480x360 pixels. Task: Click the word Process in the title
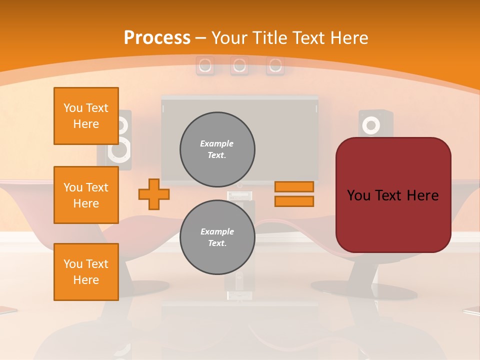tap(157, 38)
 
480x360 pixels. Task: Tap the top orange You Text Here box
tap(86, 116)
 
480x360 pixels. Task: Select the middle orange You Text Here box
tap(86, 195)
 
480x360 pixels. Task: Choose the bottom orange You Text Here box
tap(86, 272)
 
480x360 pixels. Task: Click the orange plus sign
tap(154, 194)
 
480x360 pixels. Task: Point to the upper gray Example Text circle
tap(217, 149)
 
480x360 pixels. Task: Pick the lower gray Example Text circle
tap(217, 237)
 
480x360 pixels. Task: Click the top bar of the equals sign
tap(294, 187)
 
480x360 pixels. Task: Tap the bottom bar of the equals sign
tap(294, 201)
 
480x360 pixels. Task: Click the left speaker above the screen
tap(204, 65)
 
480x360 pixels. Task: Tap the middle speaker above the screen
tap(239, 65)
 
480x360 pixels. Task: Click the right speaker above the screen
tap(275, 65)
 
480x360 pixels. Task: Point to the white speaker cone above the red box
tap(370, 125)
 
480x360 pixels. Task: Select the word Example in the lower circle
tap(217, 231)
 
